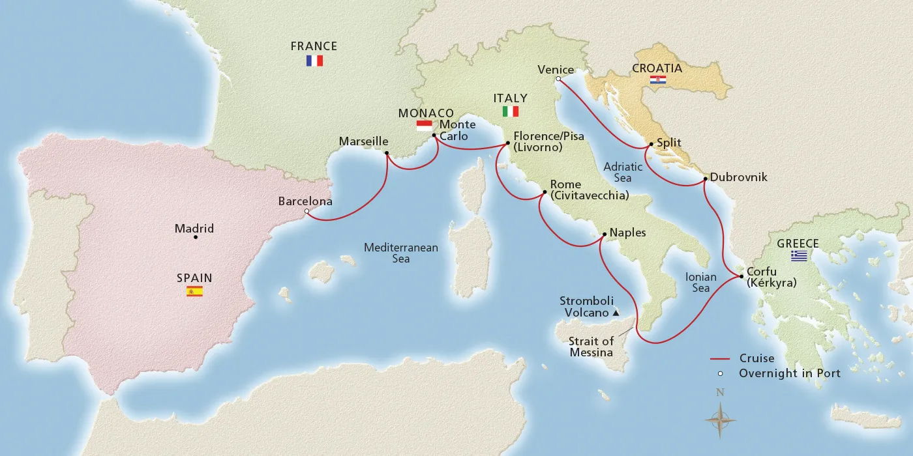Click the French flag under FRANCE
(x=314, y=61)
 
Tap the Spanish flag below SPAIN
(x=194, y=291)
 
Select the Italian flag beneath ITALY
(x=511, y=111)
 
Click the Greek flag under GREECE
(x=799, y=256)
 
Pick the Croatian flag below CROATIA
(x=657, y=80)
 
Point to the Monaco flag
(x=424, y=125)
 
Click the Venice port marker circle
(x=558, y=79)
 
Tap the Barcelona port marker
(x=307, y=211)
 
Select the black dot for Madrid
(x=196, y=237)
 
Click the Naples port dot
(x=603, y=233)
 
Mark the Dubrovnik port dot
(x=705, y=178)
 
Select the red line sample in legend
(x=719, y=359)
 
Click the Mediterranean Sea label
(x=400, y=253)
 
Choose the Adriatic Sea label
(x=622, y=172)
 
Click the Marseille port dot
(x=387, y=154)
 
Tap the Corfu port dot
(x=741, y=277)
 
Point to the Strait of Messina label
(x=591, y=347)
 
